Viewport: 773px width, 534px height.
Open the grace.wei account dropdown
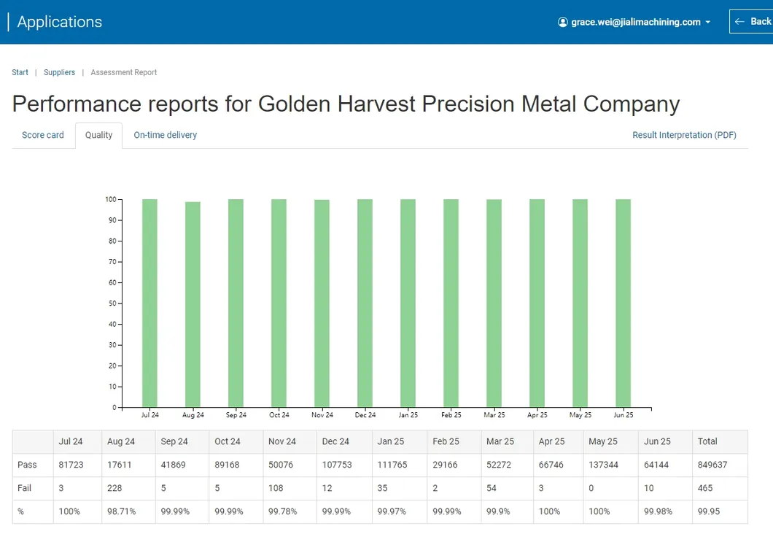(x=634, y=22)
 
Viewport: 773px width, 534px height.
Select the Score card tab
(x=43, y=135)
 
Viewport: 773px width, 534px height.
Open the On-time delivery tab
(x=165, y=135)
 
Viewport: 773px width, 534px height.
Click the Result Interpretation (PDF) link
(x=684, y=135)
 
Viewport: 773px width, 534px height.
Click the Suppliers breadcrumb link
(x=59, y=72)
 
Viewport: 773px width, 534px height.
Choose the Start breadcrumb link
(x=20, y=72)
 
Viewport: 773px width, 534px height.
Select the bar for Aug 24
(x=193, y=304)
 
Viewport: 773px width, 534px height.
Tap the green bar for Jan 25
(x=408, y=303)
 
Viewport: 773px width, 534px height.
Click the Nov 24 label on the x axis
(x=322, y=415)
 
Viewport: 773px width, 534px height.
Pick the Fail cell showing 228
(x=115, y=488)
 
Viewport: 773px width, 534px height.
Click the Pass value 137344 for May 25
(x=603, y=465)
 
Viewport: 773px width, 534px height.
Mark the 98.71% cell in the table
(x=120, y=511)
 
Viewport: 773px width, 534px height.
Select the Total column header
(x=707, y=441)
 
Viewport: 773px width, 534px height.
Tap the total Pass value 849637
(x=712, y=465)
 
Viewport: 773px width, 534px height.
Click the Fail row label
(x=26, y=488)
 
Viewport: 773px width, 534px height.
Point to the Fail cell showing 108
(x=276, y=488)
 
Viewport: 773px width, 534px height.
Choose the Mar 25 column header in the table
(x=499, y=441)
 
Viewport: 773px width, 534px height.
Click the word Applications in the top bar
(x=60, y=22)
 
